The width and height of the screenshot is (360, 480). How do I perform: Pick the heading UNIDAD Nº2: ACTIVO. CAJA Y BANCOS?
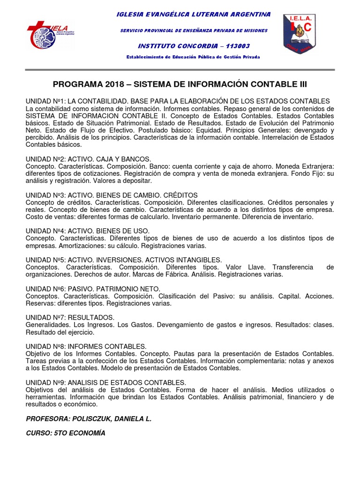pos(88,159)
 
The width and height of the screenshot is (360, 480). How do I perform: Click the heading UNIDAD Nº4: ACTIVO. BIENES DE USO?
pos(88,231)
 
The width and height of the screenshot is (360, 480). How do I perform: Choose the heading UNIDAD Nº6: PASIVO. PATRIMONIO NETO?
pos(93,289)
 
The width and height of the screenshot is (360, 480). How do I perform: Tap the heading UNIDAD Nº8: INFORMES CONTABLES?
pos(86,346)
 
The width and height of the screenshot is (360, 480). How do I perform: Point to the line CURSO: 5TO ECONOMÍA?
pos(66,434)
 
